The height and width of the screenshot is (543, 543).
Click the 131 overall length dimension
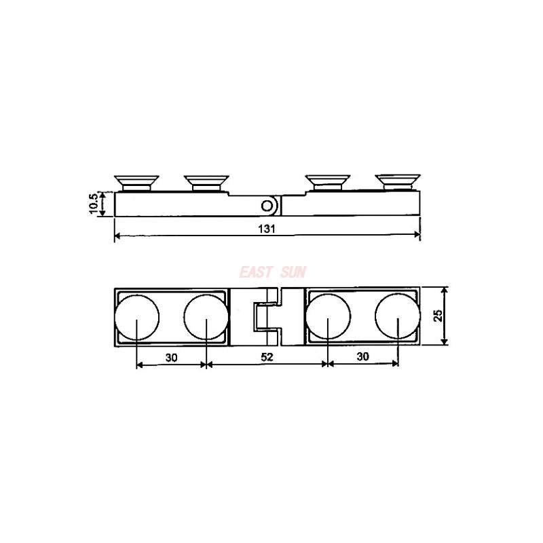267,229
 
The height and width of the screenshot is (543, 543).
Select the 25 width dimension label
438,315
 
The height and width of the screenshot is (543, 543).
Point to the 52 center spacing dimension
267,358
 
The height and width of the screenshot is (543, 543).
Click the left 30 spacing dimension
170,358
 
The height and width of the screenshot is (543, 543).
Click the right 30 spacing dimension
362,358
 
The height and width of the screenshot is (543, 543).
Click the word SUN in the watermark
293,272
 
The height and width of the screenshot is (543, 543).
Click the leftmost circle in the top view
136,318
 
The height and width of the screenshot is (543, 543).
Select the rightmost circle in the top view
398,318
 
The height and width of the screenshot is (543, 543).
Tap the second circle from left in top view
206,318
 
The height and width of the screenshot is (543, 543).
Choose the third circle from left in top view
328,318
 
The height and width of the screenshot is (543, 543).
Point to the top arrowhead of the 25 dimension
445,291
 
